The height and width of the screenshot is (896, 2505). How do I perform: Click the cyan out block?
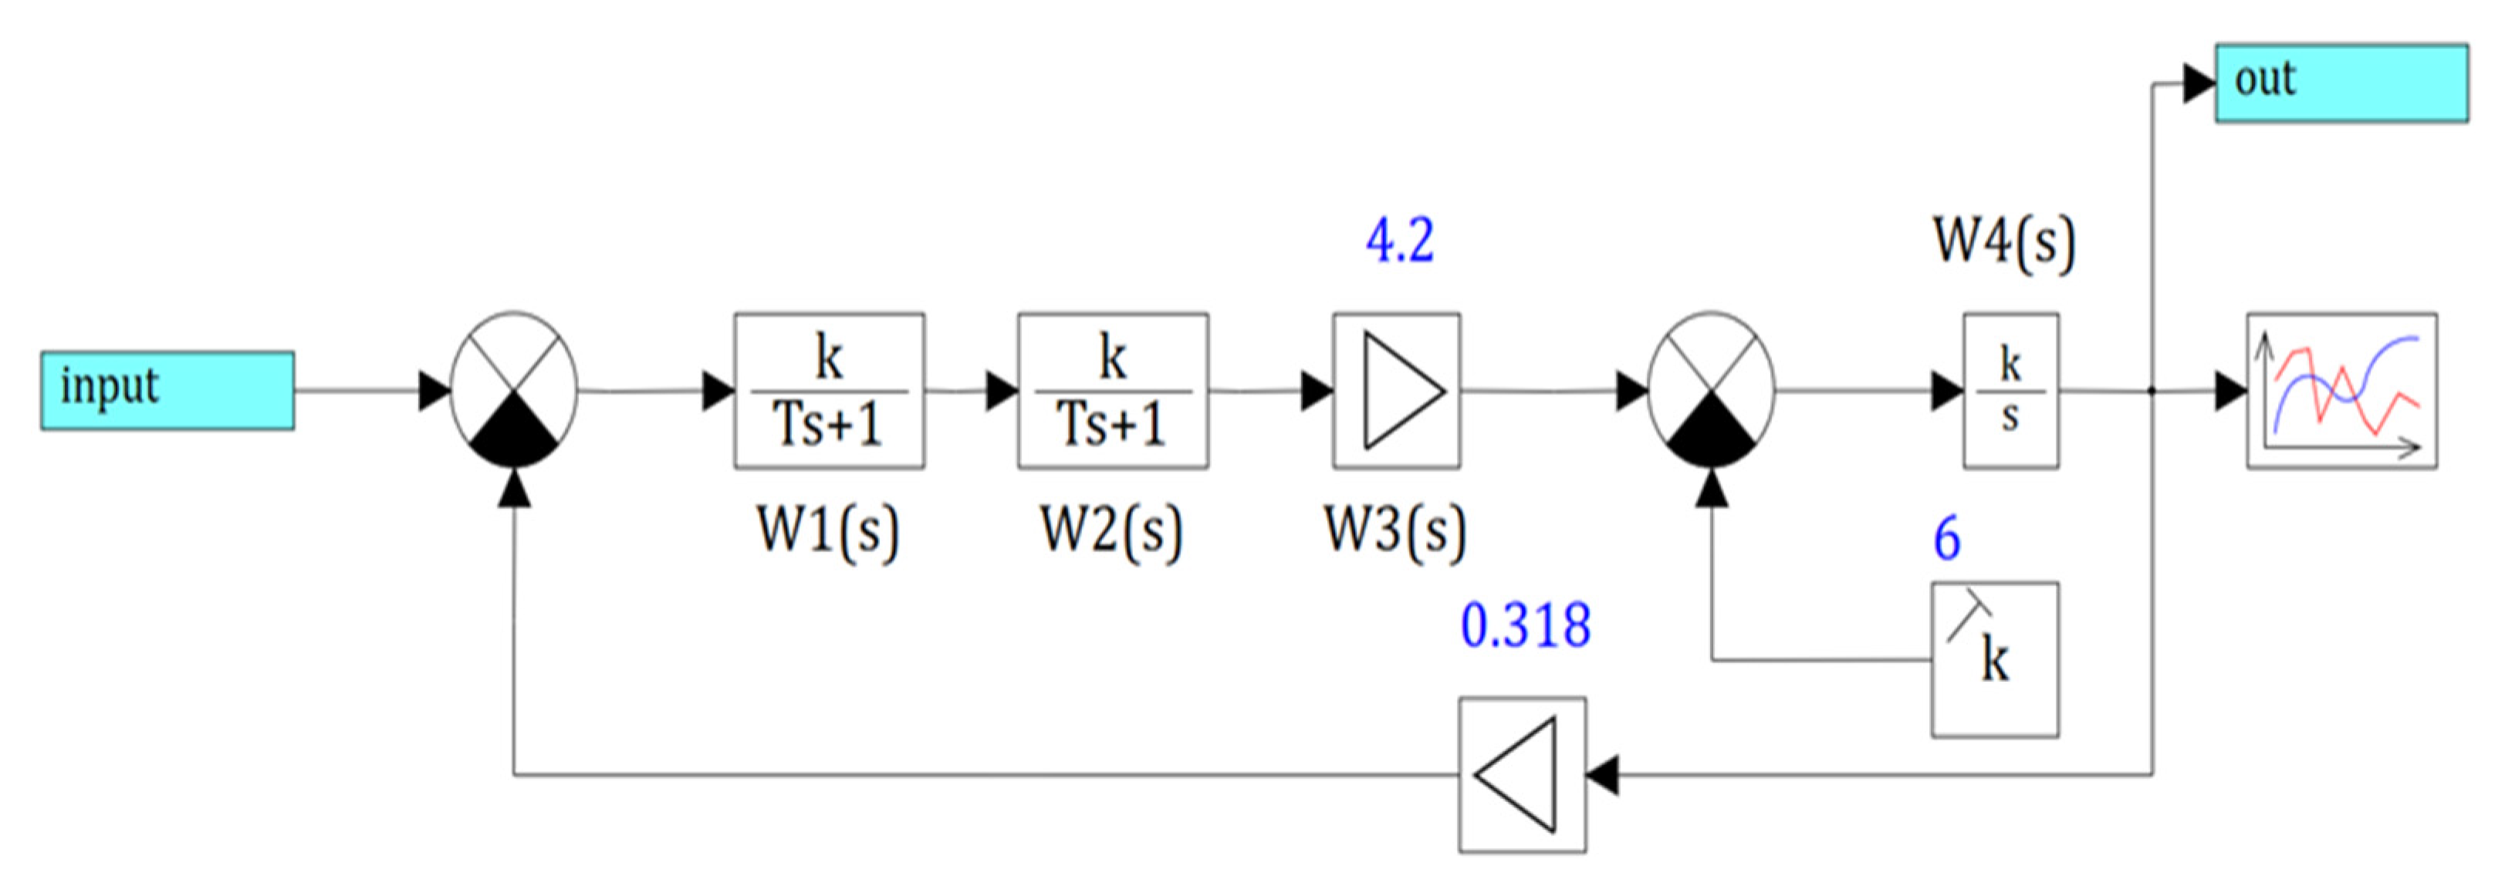2341,83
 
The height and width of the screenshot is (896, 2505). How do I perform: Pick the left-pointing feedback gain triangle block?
1522,774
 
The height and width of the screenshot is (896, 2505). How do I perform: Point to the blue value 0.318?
1525,625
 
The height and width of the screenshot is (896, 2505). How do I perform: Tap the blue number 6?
1946,538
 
